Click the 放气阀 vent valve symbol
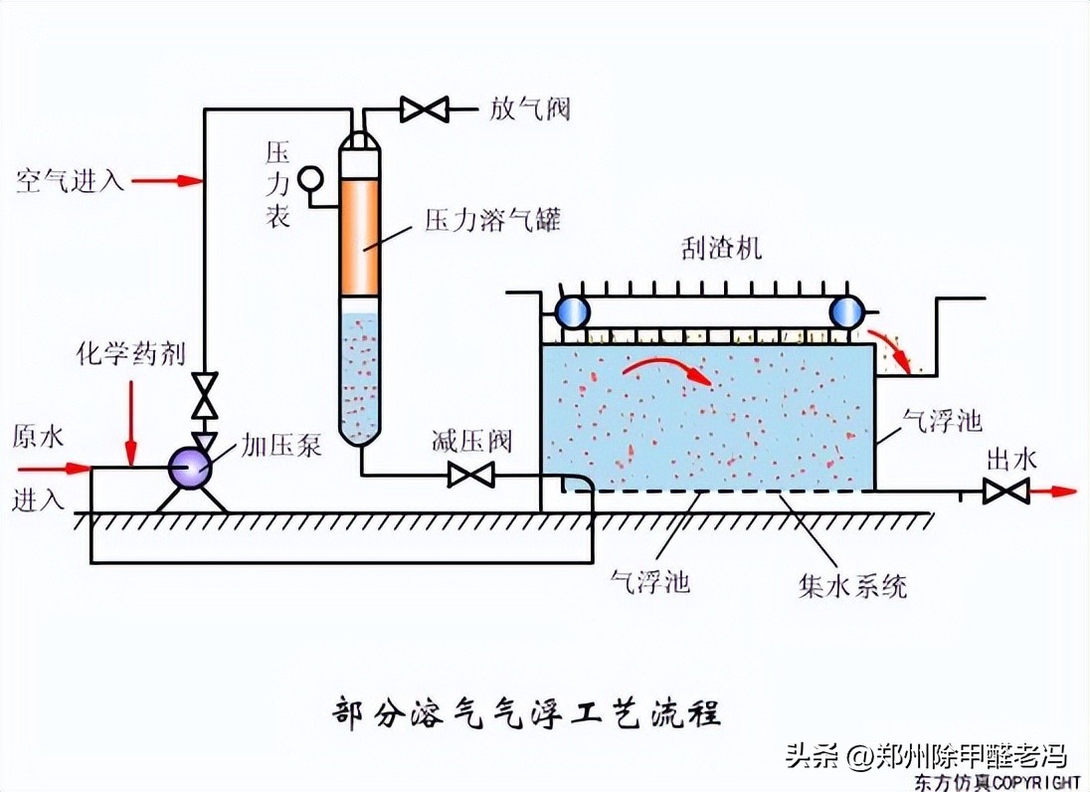click(425, 107)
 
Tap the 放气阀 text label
click(530, 107)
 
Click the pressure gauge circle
click(311, 177)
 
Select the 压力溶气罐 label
click(492, 219)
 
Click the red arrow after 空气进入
click(168, 181)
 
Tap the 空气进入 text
click(70, 181)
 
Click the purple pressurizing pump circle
click(189, 467)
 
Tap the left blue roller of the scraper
click(573, 312)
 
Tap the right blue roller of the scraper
click(849, 312)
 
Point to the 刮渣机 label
click(722, 249)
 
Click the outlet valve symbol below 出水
click(1004, 491)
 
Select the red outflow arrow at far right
click(1055, 491)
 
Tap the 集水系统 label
click(853, 584)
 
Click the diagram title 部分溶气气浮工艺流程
click(526, 713)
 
